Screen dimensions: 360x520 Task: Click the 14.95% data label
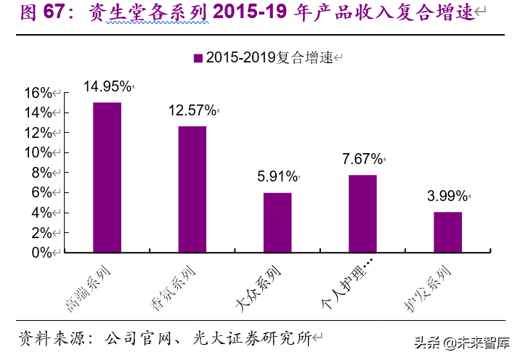pyautogui.click(x=107, y=86)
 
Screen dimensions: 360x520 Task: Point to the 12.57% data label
pyautogui.click(x=192, y=110)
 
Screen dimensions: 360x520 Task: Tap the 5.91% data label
pyautogui.click(x=277, y=176)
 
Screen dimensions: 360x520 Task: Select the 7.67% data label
pyautogui.click(x=362, y=159)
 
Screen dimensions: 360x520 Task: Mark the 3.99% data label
pyautogui.click(x=447, y=196)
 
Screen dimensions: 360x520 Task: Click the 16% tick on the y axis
pyautogui.click(x=38, y=93)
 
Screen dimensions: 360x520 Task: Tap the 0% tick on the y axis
pyautogui.click(x=41, y=253)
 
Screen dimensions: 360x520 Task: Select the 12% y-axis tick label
pyautogui.click(x=38, y=133)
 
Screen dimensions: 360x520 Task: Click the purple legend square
pyautogui.click(x=197, y=59)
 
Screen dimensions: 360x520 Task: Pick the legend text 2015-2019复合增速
pyautogui.click(x=269, y=59)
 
